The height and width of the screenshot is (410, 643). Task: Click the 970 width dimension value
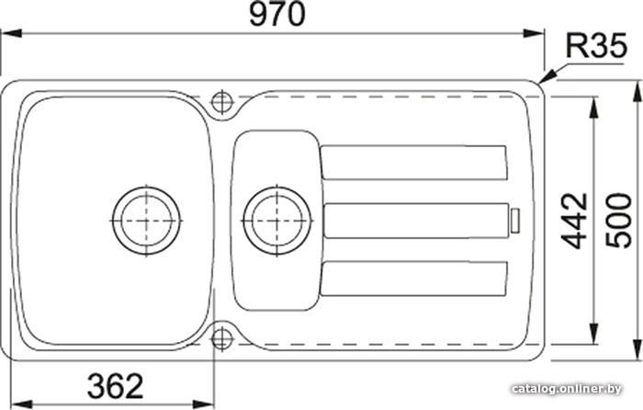click(277, 15)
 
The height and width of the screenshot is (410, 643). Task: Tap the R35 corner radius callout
click(596, 45)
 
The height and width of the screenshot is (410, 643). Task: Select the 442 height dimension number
click(575, 222)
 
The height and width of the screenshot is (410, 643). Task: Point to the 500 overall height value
click(619, 222)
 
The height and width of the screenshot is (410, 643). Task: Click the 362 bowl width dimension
click(116, 385)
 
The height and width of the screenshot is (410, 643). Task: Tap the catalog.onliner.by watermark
click(567, 388)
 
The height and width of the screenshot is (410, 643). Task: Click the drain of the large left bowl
click(146, 221)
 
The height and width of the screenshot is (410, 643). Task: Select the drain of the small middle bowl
click(277, 221)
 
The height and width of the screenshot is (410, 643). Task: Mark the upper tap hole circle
click(222, 101)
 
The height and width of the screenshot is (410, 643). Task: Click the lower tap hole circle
click(222, 339)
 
